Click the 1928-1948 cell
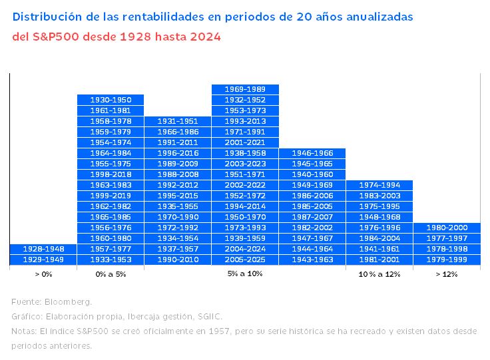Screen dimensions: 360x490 click(x=43, y=248)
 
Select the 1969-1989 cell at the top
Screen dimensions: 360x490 click(x=245, y=89)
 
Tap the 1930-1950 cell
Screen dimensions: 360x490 click(x=111, y=100)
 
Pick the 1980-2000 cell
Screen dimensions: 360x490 click(x=446, y=228)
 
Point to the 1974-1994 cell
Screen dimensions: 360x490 click(x=379, y=185)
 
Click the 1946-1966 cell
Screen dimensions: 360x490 click(x=312, y=153)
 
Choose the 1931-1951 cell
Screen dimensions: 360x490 click(x=178, y=121)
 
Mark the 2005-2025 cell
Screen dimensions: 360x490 click(x=245, y=259)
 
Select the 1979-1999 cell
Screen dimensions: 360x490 click(x=446, y=259)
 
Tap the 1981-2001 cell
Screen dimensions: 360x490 click(x=379, y=259)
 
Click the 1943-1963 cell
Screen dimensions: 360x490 click(x=312, y=259)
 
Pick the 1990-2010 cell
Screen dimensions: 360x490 click(x=178, y=259)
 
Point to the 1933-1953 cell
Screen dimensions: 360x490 click(x=111, y=259)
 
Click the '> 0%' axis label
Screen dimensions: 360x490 click(x=43, y=274)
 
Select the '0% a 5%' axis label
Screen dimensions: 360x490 click(x=111, y=274)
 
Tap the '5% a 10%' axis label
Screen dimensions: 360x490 click(x=245, y=274)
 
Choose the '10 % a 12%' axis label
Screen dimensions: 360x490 click(x=379, y=274)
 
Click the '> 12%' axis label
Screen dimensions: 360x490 click(x=446, y=274)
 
